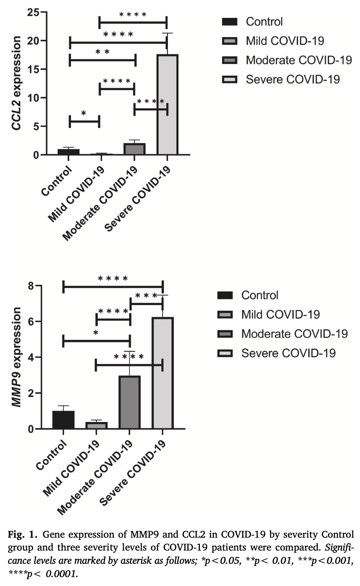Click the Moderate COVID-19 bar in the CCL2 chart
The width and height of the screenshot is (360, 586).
click(134, 149)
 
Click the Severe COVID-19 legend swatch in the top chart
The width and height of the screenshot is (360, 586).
click(229, 79)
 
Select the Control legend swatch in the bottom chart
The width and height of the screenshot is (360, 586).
click(225, 295)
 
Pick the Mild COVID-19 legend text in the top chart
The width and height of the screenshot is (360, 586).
click(284, 41)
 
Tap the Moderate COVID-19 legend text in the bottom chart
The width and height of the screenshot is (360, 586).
click(294, 334)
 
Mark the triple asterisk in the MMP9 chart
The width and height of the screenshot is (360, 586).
click(146, 296)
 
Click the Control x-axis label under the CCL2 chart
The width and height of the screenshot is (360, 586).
click(57, 182)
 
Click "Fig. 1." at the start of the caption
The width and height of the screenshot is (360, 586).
click(23, 534)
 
